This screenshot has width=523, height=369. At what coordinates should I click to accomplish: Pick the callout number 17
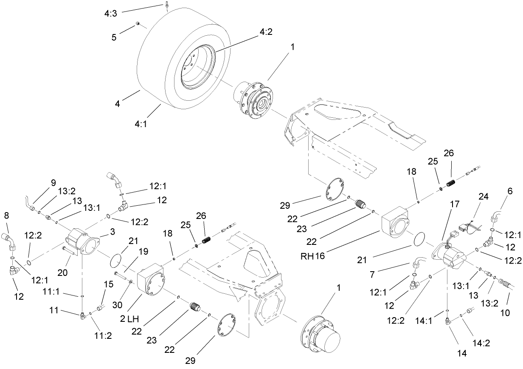pyautogui.click(x=455, y=204)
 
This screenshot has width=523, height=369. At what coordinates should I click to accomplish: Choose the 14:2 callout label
pyautogui.click(x=481, y=344)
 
